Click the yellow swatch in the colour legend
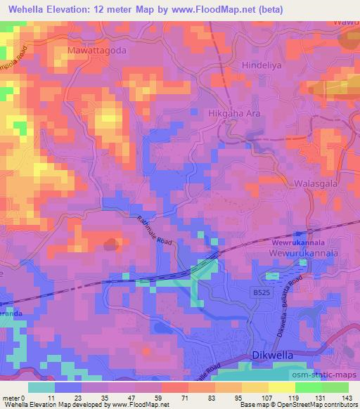point(281,387)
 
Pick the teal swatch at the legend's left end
point(41,387)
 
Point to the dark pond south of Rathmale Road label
point(110,245)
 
